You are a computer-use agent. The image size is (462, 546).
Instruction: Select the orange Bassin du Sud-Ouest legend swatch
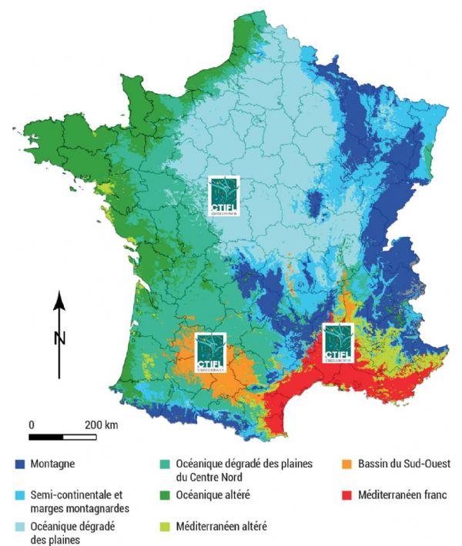point(348,464)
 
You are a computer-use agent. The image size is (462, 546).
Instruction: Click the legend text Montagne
point(58,464)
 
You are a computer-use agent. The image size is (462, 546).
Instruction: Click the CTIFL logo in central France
point(224,195)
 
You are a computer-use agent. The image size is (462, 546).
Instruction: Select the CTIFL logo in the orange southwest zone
point(209,352)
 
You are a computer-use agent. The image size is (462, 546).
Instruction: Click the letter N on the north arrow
point(60,337)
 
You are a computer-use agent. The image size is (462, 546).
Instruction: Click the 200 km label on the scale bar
point(102,424)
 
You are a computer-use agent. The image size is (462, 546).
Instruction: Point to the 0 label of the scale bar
point(32,424)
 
